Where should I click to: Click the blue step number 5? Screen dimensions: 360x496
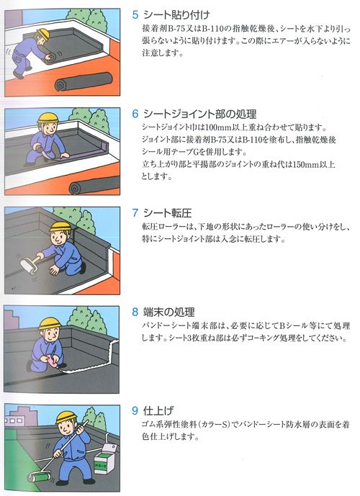[135, 15]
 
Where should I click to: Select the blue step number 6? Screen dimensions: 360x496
[135, 114]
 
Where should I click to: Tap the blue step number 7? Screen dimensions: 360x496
[135, 213]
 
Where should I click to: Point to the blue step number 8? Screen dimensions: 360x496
[135, 312]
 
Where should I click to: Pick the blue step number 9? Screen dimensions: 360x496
[135, 410]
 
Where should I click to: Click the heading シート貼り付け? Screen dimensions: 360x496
[176, 15]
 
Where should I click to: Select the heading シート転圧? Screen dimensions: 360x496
[167, 213]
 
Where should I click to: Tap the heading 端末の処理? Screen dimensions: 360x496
[168, 312]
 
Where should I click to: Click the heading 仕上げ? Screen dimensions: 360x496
[158, 410]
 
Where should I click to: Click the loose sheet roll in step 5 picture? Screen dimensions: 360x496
[84, 81]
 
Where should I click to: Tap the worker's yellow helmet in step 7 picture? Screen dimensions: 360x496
[60, 227]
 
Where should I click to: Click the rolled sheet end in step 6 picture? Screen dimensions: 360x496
[75, 188]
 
